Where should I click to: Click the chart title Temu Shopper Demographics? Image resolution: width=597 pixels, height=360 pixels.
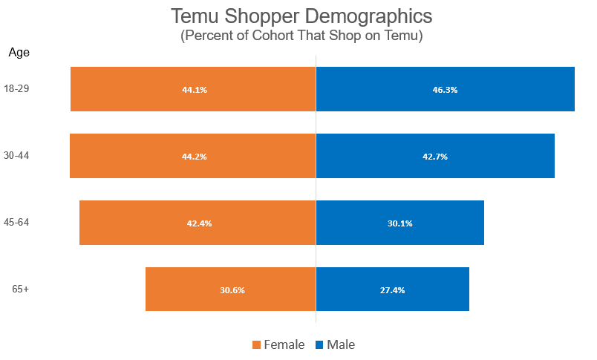click(301, 16)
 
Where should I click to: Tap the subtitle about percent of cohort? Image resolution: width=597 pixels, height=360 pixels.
click(301, 36)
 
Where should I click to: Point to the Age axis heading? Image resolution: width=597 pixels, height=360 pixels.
click(19, 52)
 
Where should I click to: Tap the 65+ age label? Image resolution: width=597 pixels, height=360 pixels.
click(20, 289)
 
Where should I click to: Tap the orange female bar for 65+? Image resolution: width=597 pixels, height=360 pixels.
click(186, 289)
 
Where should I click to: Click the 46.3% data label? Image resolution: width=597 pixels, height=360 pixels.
click(445, 90)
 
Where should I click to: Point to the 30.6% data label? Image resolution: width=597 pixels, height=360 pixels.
click(232, 290)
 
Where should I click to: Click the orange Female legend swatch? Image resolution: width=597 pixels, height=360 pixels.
click(257, 344)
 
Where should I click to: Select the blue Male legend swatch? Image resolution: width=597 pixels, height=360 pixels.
click(319, 344)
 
